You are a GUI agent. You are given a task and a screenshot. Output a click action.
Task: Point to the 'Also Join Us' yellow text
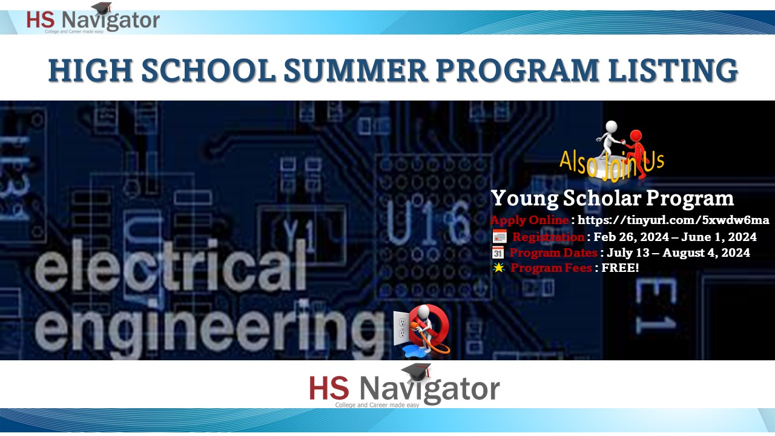point(612,162)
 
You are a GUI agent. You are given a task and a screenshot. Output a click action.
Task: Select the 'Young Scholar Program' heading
point(612,198)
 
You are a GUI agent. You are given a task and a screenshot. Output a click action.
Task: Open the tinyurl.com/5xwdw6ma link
point(673,220)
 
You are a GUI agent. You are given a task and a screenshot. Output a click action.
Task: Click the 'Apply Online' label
point(529,220)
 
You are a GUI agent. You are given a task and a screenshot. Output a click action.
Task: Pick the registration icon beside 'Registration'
point(500,237)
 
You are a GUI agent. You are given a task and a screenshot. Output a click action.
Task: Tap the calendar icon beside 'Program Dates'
point(498,253)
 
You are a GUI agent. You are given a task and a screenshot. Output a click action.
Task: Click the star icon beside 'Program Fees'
point(498,268)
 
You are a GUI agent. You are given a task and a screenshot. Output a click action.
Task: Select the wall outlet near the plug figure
point(402,328)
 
